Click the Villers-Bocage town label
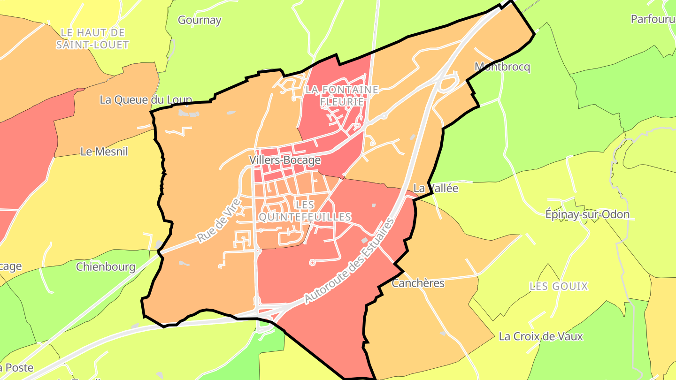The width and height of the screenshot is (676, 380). [285, 160]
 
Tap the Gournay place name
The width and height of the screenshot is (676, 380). [200, 20]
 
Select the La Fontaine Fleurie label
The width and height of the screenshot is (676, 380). [341, 95]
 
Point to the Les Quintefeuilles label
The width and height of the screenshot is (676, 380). [305, 211]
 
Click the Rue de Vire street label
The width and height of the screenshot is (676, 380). [219, 220]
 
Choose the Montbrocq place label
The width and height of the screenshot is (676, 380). [502, 67]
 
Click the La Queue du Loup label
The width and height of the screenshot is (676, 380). [146, 100]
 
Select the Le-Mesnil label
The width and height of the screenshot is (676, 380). [104, 152]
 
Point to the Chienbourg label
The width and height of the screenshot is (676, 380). [106, 267]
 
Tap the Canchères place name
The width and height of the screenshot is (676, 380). [418, 283]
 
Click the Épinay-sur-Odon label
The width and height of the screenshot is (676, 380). [587, 214]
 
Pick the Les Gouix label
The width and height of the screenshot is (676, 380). [559, 286]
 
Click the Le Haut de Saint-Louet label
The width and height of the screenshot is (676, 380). [92, 39]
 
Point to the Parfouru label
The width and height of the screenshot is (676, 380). [653, 19]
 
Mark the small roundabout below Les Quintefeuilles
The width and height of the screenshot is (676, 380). [312, 262]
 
